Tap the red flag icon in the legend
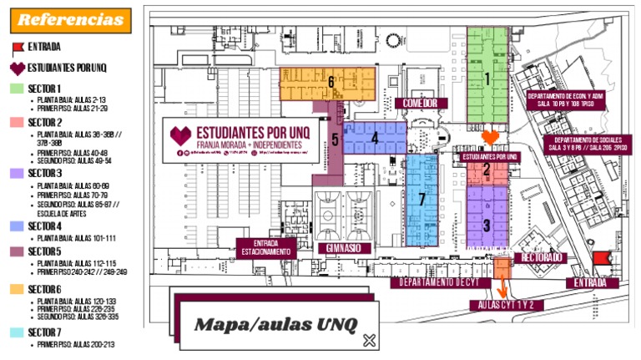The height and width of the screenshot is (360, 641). [18, 47]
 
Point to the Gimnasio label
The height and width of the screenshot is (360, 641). [342, 248]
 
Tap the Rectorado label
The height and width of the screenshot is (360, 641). [543, 257]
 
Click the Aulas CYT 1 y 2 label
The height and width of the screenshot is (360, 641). [507, 305]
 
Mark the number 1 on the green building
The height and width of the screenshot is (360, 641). [487, 79]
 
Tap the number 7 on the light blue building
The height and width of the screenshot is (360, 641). [422, 199]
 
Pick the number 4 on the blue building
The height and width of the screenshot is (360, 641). [375, 139]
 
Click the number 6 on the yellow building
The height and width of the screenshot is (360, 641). [331, 82]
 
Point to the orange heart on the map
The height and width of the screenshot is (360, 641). [492, 136]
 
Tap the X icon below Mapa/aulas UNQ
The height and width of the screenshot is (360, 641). [370, 340]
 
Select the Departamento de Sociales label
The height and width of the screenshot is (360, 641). [588, 143]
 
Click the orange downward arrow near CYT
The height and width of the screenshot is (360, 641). [502, 287]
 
